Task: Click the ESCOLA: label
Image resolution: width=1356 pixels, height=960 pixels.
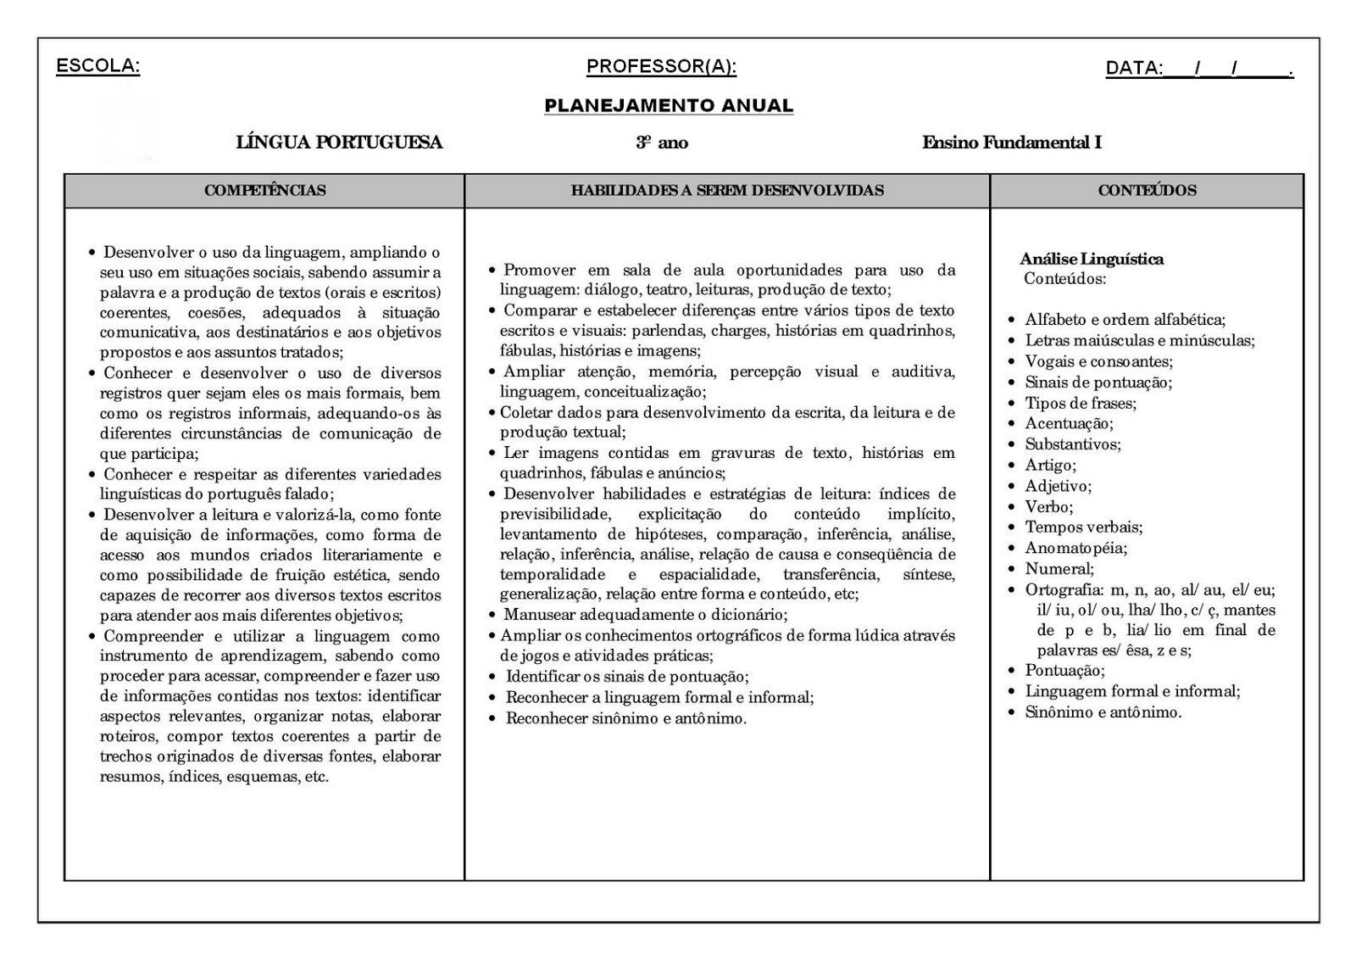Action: tap(97, 66)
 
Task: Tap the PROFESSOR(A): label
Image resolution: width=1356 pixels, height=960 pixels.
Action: tap(661, 66)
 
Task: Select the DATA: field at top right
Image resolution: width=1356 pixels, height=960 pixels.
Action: tap(1198, 69)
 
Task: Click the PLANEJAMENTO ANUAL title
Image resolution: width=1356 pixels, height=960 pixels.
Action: tap(669, 106)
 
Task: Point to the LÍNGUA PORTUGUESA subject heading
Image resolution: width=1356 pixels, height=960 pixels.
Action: tap(339, 142)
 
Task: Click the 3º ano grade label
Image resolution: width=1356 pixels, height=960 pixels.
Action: tap(662, 142)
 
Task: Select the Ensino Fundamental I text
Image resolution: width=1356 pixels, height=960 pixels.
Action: tap(1012, 142)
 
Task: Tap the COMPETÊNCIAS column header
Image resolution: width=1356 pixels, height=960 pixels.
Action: tap(264, 190)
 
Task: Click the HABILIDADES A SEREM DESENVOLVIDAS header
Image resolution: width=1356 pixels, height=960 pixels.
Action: tap(727, 190)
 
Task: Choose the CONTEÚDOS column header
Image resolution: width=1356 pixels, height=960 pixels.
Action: tap(1147, 190)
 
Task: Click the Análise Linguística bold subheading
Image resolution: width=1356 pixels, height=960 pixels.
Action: tap(1092, 259)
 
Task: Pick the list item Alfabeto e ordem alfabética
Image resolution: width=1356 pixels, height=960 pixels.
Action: tap(1125, 320)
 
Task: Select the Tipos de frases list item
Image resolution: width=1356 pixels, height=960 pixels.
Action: tap(1081, 403)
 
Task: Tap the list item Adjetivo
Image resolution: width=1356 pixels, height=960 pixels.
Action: tap(1058, 486)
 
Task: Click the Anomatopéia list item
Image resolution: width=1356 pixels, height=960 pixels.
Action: tap(1075, 548)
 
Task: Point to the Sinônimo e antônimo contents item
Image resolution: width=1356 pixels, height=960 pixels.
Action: tap(1103, 712)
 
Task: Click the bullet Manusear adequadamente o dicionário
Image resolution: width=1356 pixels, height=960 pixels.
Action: tap(645, 615)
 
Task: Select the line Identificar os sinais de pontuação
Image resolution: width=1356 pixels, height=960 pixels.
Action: tap(627, 677)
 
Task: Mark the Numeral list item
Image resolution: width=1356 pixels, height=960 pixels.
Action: tap(1059, 568)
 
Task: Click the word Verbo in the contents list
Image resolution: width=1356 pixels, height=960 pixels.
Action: tap(1048, 506)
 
